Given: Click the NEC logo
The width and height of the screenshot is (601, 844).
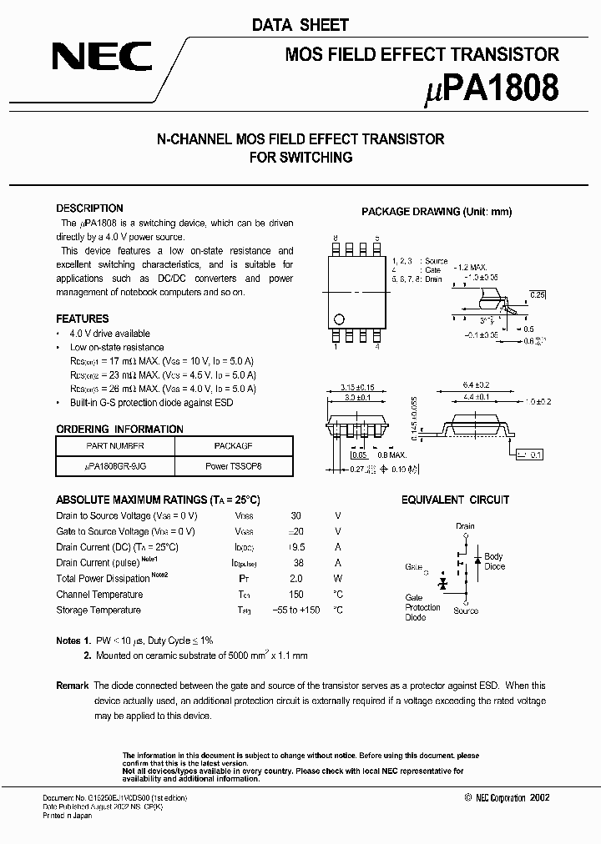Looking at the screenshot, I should pos(102,58).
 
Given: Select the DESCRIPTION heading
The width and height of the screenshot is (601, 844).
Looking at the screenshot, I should pos(89,208).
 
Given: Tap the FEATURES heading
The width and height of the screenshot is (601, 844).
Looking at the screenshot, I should pos(82,319).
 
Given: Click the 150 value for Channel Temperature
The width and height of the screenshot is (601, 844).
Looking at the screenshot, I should pos(296,595).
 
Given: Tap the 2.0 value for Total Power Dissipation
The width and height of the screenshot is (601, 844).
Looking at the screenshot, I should pos(296,579).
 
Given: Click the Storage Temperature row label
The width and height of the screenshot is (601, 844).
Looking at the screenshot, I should pos(98,610).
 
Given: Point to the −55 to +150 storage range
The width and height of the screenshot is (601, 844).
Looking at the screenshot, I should pos(296,610).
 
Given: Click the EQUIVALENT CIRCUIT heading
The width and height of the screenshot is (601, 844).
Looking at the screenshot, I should pos(455,500).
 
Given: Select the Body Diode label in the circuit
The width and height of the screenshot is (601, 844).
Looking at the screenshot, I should pos(494,561).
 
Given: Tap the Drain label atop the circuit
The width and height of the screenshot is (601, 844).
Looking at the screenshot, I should pos(465,526).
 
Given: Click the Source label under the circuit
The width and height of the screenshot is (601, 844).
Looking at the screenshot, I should pos(466,610).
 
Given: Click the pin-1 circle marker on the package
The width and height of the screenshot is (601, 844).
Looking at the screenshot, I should pos(339,319).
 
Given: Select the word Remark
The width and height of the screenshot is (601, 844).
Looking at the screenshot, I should pos(72,686).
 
